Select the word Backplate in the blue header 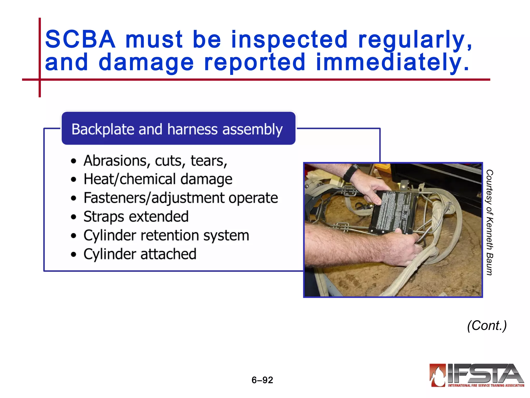click(x=103, y=129)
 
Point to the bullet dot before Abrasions click(x=74, y=161)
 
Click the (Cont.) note click(x=487, y=325)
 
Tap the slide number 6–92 click(x=262, y=380)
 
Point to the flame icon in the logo click(x=438, y=375)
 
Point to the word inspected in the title click(x=289, y=39)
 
